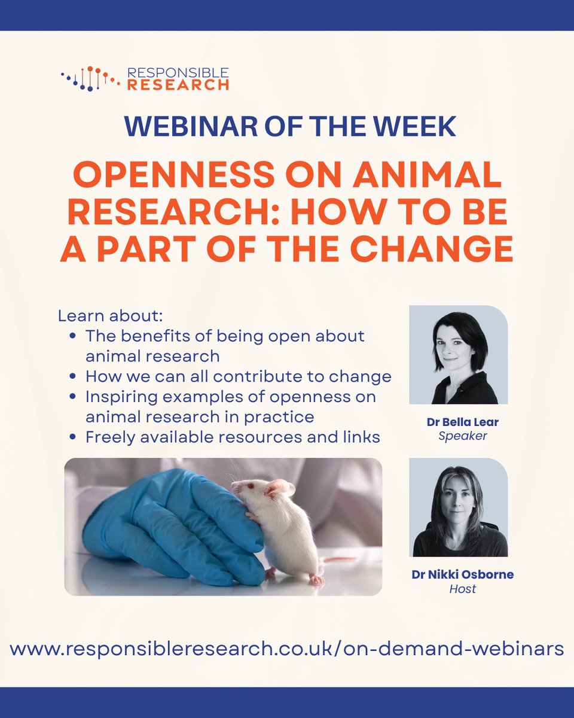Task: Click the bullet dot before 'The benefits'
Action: [72, 336]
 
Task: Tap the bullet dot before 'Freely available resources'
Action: [72, 437]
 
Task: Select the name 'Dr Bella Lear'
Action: [458, 422]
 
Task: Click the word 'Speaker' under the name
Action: [462, 436]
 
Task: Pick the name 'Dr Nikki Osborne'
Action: [462, 574]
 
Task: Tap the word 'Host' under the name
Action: [462, 589]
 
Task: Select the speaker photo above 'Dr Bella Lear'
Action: [458, 354]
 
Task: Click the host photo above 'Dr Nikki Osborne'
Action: [458, 507]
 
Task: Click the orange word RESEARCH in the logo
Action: [177, 84]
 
